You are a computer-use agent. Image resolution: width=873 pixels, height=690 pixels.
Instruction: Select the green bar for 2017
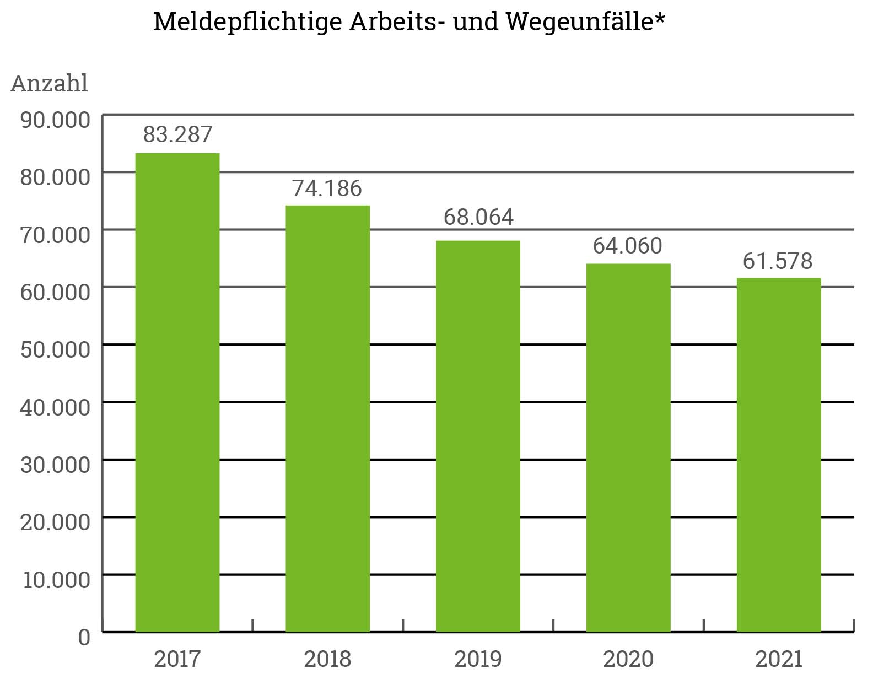click(177, 392)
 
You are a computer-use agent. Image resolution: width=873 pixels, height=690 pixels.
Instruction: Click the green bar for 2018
click(327, 418)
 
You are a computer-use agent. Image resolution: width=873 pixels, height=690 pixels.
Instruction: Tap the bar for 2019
click(478, 436)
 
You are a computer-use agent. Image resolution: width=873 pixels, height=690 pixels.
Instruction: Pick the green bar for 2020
click(628, 448)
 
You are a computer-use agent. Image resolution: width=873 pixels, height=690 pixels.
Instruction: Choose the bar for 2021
click(778, 455)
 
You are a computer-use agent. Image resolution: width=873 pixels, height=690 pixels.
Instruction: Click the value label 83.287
click(177, 134)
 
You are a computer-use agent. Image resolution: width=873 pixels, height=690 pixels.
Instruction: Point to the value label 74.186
click(327, 188)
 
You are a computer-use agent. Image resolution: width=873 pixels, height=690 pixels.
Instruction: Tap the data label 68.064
click(478, 217)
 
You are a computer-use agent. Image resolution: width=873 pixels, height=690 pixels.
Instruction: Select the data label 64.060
click(628, 246)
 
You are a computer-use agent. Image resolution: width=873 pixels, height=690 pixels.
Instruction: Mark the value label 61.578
click(778, 261)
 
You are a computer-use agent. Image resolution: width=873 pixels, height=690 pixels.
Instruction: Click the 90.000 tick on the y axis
click(55, 120)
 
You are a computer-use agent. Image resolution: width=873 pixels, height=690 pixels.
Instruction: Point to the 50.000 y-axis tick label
click(55, 349)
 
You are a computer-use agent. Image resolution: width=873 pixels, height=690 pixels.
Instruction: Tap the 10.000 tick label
click(56, 580)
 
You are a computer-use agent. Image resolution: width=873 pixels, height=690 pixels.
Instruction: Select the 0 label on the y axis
click(84, 638)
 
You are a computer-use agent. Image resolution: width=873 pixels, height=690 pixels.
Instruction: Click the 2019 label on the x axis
click(478, 659)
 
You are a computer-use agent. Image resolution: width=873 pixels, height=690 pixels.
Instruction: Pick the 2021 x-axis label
click(778, 659)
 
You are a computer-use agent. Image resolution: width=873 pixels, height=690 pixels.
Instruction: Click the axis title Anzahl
click(50, 84)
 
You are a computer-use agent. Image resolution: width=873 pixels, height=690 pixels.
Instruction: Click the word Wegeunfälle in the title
click(585, 23)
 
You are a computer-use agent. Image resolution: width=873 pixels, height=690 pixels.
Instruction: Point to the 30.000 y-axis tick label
click(55, 465)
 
